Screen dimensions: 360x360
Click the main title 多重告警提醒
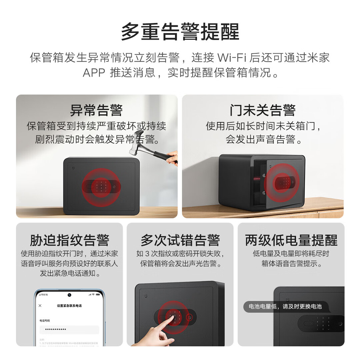point(180,32)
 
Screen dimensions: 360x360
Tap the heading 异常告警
point(96,110)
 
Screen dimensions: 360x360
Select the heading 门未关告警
point(263,110)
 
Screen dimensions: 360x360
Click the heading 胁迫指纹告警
point(69,240)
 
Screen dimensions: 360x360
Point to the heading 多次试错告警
point(180,240)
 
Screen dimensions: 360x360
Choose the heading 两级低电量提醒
point(291,240)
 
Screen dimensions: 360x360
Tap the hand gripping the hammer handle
point(172,158)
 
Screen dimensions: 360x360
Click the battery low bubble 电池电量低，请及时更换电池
point(285,306)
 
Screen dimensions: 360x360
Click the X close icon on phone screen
point(40,306)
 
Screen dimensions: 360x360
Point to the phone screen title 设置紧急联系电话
point(69,306)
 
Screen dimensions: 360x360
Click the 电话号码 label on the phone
point(45,320)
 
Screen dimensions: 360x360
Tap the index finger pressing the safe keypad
point(173,319)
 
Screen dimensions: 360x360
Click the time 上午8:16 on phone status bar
point(43,295)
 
